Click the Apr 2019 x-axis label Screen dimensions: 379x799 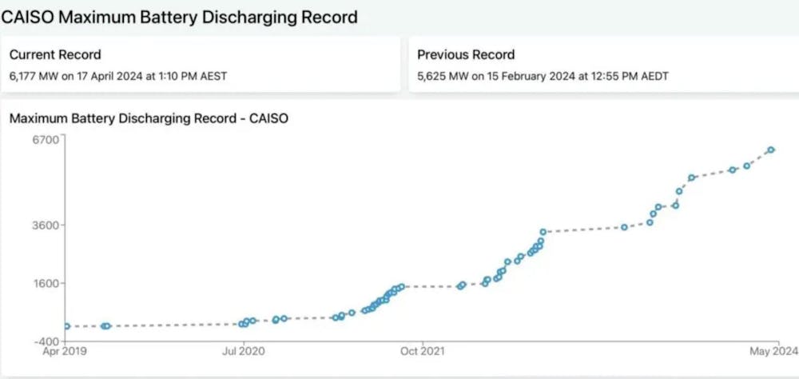(65, 350)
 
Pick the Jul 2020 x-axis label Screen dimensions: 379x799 (241, 350)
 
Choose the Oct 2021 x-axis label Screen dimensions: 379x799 (420, 350)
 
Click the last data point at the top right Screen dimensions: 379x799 (771, 150)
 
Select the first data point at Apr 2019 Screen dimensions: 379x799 (66, 326)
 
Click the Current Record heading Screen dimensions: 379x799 (55, 55)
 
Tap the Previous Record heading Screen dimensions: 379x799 (466, 55)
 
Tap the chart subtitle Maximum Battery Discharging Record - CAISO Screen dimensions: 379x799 (149, 118)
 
